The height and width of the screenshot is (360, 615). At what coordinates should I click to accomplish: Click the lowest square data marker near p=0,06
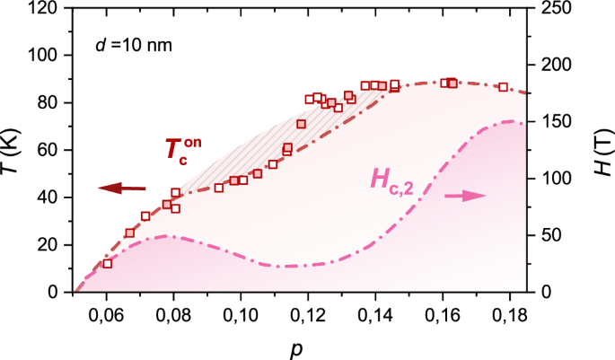point(108,263)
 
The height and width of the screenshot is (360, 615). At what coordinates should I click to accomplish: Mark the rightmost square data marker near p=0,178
point(503,87)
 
